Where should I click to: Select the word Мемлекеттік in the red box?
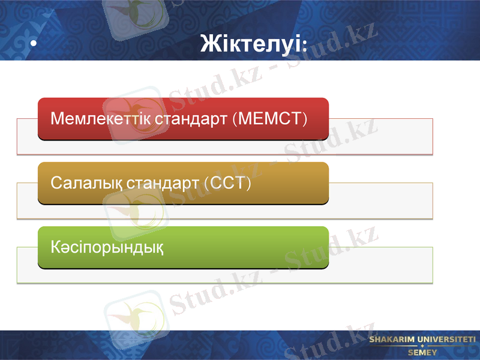(x=101, y=118)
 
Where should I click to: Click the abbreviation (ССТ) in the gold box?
(x=227, y=182)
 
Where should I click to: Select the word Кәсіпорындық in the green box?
(x=107, y=247)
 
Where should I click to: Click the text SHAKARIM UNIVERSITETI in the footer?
(x=422, y=340)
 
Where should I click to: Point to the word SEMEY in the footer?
(x=422, y=352)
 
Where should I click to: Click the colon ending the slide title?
(x=305, y=44)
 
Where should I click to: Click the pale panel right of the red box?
(x=380, y=136)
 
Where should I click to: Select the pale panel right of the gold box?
(x=380, y=200)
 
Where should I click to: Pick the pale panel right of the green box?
(x=380, y=265)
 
